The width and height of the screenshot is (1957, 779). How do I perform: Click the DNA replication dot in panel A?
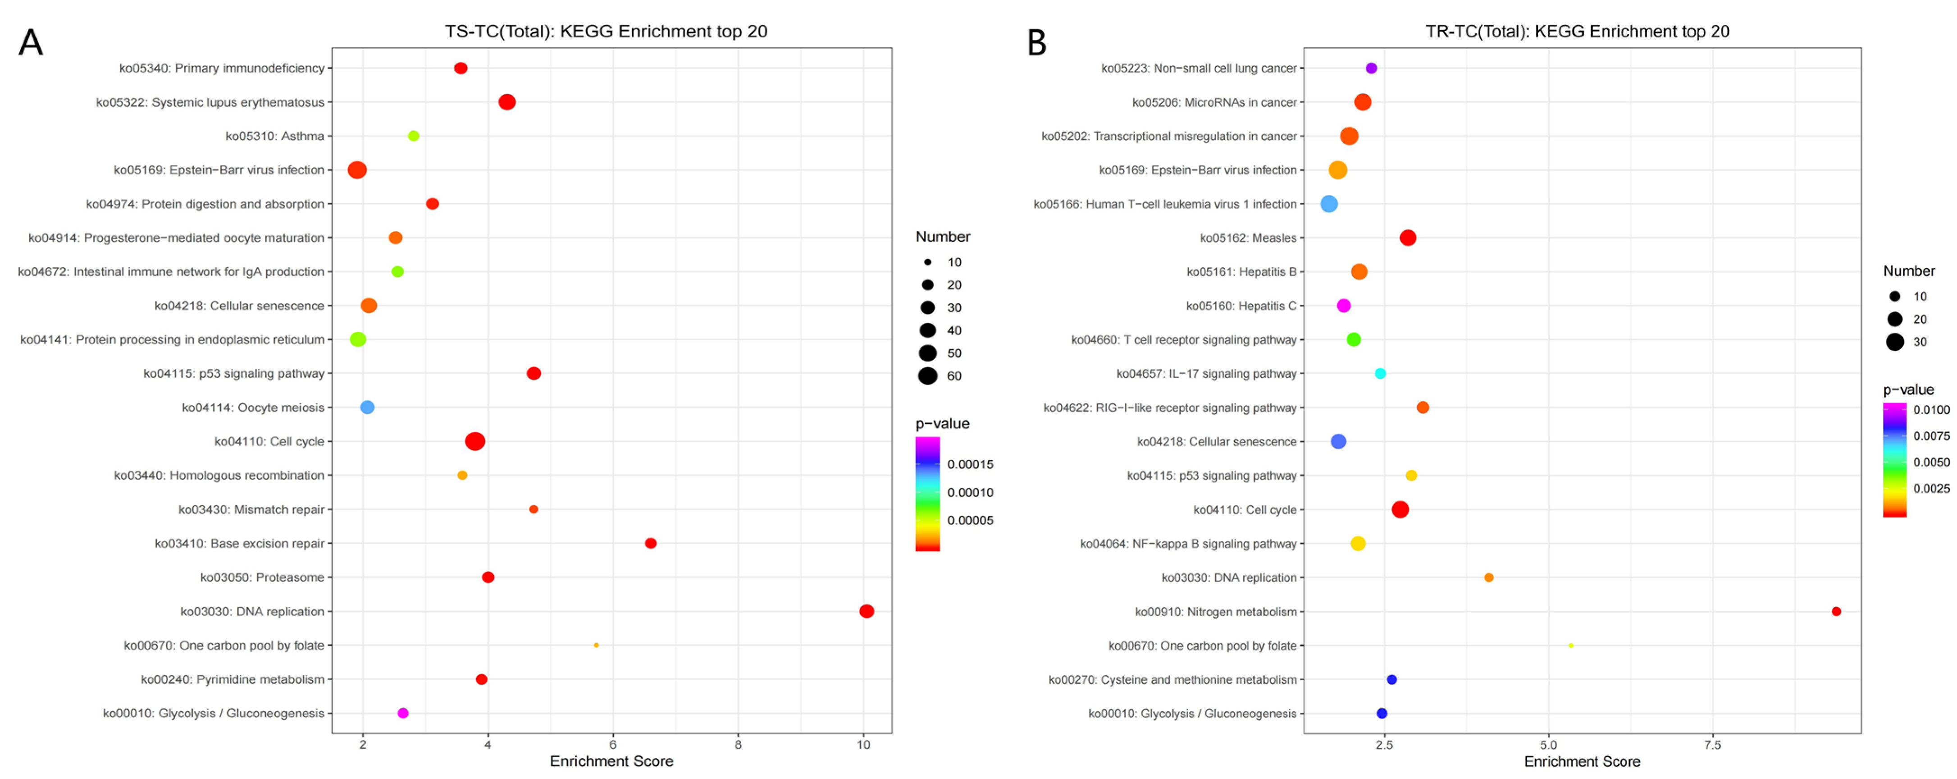click(x=866, y=611)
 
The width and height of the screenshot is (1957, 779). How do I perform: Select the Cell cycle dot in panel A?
click(x=475, y=441)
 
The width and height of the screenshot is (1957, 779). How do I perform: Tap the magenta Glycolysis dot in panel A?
click(x=403, y=713)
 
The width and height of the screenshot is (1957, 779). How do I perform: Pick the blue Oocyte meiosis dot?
click(x=367, y=408)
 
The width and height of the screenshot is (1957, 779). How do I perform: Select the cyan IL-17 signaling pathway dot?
click(x=1380, y=373)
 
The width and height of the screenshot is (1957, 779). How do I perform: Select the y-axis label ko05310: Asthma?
click(x=275, y=136)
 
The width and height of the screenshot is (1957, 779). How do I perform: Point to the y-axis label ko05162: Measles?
click(x=1247, y=238)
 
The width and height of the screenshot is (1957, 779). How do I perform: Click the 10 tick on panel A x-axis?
click(x=863, y=745)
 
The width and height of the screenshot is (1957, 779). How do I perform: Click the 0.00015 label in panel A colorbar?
click(x=970, y=464)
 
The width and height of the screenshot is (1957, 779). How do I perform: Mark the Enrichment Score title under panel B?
click(x=1582, y=761)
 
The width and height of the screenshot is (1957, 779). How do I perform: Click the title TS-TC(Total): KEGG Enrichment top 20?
click(x=606, y=31)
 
